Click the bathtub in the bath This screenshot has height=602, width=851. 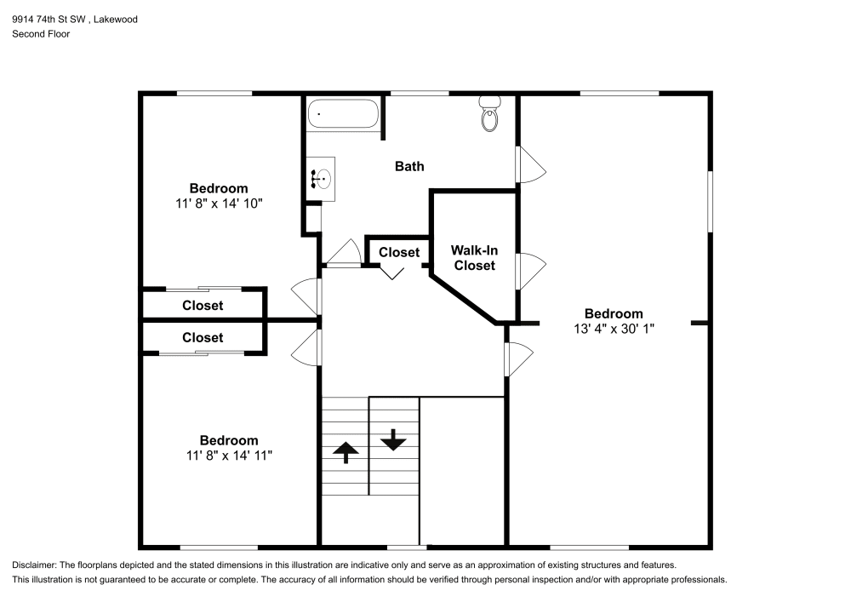pyautogui.click(x=343, y=114)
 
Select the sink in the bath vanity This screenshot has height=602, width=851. pyautogui.click(x=323, y=179)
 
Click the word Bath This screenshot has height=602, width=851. pyautogui.click(x=409, y=166)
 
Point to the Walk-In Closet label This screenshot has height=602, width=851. pyautogui.click(x=474, y=258)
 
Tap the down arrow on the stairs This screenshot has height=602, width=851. pyautogui.click(x=393, y=439)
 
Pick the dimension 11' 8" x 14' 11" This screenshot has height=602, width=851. pyautogui.click(x=229, y=455)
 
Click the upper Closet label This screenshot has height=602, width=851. pyautogui.click(x=203, y=305)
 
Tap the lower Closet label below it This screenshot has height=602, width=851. pyautogui.click(x=203, y=337)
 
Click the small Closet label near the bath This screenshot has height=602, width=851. pyautogui.click(x=399, y=252)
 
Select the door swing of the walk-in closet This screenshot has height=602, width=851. pyautogui.click(x=528, y=272)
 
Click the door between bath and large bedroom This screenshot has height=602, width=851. pyautogui.click(x=528, y=163)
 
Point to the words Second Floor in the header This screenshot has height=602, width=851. pyautogui.click(x=41, y=34)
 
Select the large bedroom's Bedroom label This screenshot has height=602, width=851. pyautogui.click(x=614, y=313)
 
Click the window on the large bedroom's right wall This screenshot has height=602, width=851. pyautogui.click(x=710, y=201)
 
